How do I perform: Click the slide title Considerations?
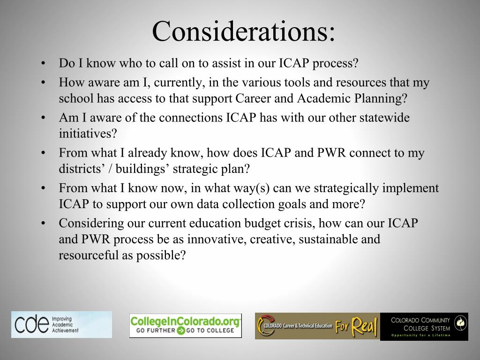pyautogui.click(x=243, y=31)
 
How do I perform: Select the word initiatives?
pyautogui.click(x=88, y=134)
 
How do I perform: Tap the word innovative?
pyautogui.click(x=216, y=239)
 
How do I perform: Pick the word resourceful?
pyautogui.click(x=85, y=255)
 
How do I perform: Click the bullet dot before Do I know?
pyautogui.click(x=43, y=63)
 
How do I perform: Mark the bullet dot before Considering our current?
pyautogui.click(x=43, y=224)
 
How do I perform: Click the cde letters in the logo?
pyautogui.click(x=31, y=324)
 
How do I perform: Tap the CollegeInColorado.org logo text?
pyautogui.click(x=185, y=321)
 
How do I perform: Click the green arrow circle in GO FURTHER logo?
pyautogui.click(x=180, y=331)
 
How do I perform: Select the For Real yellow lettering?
pyautogui.click(x=357, y=326)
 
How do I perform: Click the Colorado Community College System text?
pyautogui.click(x=420, y=323)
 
